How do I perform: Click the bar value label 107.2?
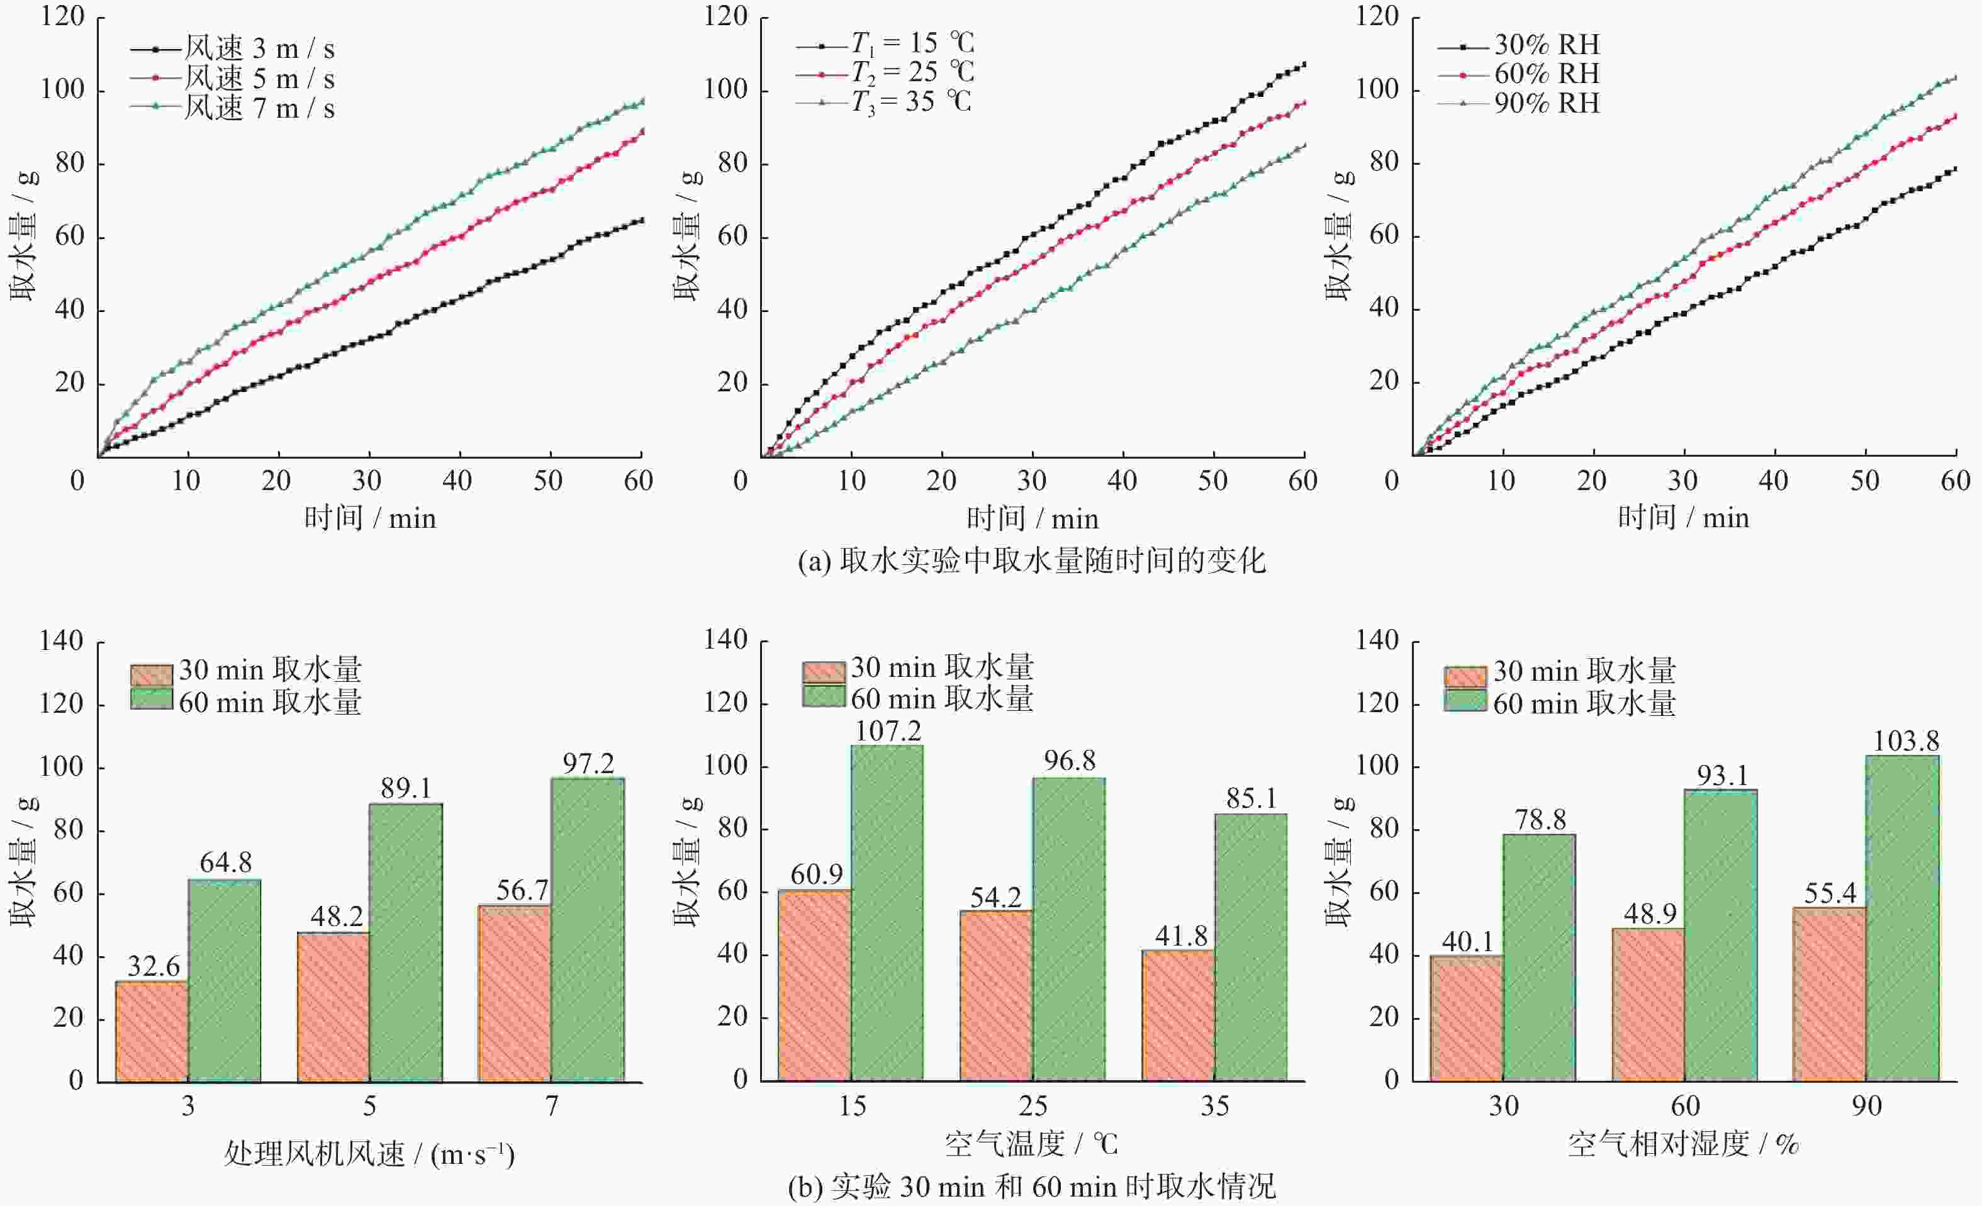[x=887, y=731]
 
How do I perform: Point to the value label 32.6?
[x=153, y=966]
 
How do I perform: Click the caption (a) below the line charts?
[x=1031, y=561]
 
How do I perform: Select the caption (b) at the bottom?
[x=1031, y=1186]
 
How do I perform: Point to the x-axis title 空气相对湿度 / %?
[x=1684, y=1143]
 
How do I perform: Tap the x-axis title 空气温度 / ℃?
[x=1031, y=1143]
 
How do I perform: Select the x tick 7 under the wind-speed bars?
[x=552, y=1107]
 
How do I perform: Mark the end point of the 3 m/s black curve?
[x=641, y=220]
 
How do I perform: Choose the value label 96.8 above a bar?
[x=1069, y=761]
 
